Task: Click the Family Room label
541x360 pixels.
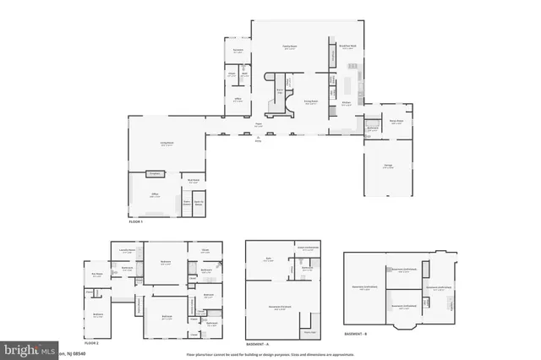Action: coord(289,47)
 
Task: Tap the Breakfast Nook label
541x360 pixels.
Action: coord(347,46)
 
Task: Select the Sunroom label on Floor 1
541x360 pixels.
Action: coord(238,51)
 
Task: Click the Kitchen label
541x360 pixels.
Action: coord(347,102)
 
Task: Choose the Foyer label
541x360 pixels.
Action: coord(259,125)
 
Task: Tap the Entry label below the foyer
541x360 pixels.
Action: coord(259,140)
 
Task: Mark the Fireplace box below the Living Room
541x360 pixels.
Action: coord(155,173)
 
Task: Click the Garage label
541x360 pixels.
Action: coord(388,166)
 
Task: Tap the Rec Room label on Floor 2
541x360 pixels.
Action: coord(97,273)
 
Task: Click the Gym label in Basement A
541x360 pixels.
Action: coord(268,260)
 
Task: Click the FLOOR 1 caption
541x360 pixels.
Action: coord(135,221)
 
